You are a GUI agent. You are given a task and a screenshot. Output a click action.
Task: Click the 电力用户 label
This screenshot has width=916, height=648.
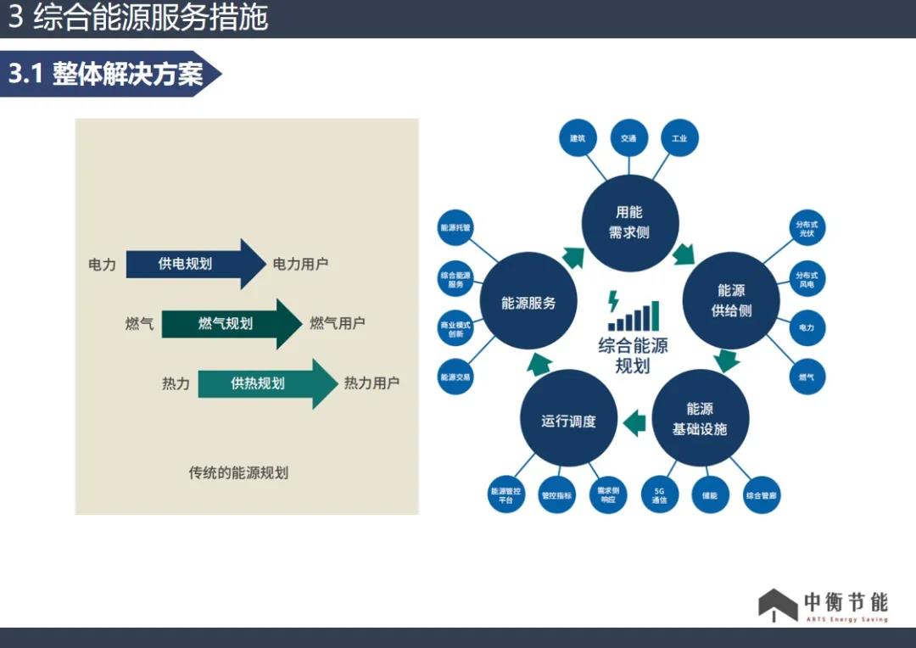[300, 264]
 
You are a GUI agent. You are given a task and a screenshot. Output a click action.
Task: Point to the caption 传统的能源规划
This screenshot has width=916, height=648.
[238, 472]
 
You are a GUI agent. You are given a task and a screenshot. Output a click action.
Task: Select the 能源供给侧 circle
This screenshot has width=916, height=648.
[731, 300]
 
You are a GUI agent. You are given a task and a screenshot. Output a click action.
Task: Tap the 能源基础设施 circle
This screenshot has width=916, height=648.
[700, 418]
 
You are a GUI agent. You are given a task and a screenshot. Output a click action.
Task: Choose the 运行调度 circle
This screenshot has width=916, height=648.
[568, 421]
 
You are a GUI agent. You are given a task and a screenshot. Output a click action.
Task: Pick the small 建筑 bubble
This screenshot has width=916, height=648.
[578, 137]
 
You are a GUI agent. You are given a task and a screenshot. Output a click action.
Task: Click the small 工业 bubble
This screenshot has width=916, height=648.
[679, 137]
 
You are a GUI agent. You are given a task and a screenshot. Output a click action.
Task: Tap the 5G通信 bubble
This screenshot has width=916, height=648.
[659, 494]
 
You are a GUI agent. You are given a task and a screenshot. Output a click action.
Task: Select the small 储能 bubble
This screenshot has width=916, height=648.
[710, 494]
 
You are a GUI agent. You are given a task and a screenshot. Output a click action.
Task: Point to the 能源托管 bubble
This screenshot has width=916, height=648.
[455, 228]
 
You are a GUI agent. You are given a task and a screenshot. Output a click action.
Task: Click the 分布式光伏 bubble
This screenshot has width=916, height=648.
[807, 229]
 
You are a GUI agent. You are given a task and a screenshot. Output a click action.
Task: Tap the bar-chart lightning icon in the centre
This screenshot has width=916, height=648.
[631, 311]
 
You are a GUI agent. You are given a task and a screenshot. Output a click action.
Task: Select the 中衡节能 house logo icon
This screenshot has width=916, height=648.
[777, 605]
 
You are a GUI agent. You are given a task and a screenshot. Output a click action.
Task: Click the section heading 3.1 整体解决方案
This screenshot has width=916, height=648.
[106, 75]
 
